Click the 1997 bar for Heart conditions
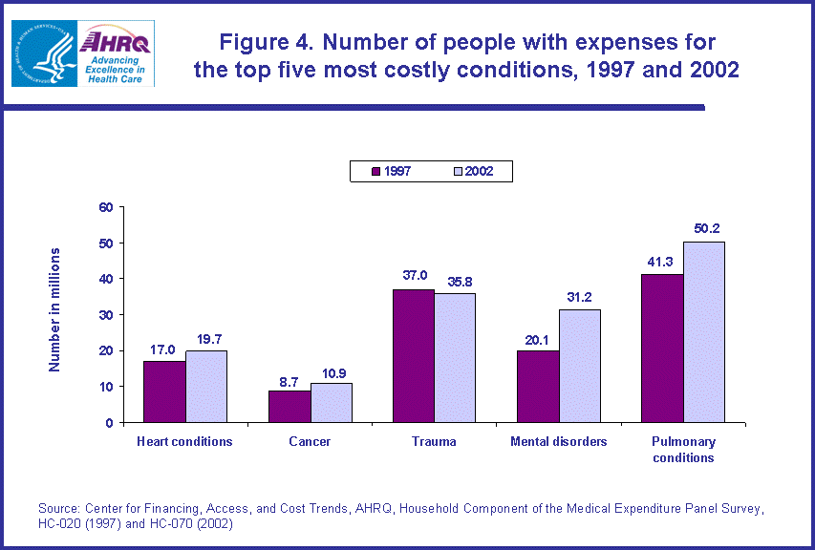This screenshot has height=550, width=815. coord(164,391)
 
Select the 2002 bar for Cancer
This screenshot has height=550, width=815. coord(331,402)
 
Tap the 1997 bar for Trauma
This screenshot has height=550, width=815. coord(414,355)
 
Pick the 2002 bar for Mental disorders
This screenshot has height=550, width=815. coord(579,366)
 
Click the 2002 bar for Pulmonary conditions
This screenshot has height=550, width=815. coord(703,331)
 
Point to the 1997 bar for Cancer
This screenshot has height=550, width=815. coord(290,406)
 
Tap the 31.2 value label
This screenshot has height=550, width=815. coord(581,297)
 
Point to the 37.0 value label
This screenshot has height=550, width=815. coord(414,276)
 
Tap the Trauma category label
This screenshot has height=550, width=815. coord(434,442)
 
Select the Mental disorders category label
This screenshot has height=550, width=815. coord(558,442)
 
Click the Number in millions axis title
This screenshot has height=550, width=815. coord(55,309)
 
